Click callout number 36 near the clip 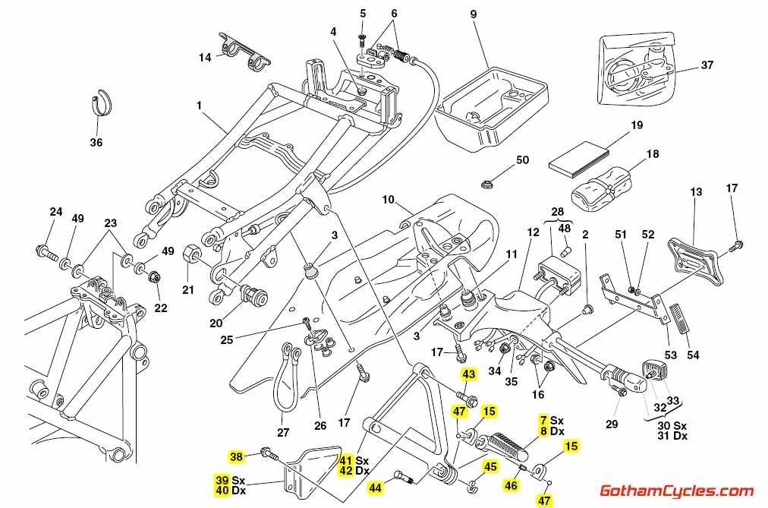pos(96,141)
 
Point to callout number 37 pos(707,65)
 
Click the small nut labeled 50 pos(485,183)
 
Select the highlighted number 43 pos(468,374)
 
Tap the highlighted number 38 pos(237,456)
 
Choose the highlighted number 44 pos(376,486)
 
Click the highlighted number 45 pos(490,467)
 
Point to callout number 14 pos(206,58)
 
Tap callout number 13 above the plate pos(697,192)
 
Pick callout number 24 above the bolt pos(55,212)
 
